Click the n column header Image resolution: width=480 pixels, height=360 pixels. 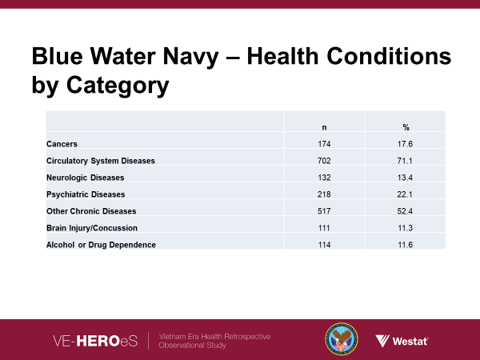(324, 127)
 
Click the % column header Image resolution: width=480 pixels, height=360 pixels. (406, 127)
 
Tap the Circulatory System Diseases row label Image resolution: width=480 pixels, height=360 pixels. (101, 161)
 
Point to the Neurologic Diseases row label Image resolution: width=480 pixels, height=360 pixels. (86, 178)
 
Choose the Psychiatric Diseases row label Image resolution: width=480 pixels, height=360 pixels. (86, 194)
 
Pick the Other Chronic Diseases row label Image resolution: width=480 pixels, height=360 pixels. (91, 211)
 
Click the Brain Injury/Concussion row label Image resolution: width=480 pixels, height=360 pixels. (90, 228)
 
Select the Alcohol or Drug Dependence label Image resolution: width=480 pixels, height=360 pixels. (101, 244)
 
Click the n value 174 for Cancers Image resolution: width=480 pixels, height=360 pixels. (324, 144)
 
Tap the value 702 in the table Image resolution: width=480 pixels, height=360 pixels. (324, 161)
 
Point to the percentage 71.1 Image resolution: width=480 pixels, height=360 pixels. (406, 161)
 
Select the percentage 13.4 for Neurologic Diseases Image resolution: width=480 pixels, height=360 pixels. (406, 178)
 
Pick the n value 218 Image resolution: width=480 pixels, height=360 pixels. (324, 194)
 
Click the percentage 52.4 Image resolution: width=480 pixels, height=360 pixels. (406, 211)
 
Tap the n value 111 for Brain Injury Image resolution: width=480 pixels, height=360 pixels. (324, 228)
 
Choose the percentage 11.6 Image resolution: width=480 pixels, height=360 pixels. (406, 244)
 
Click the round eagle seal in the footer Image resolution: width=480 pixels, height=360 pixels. (342, 339)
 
